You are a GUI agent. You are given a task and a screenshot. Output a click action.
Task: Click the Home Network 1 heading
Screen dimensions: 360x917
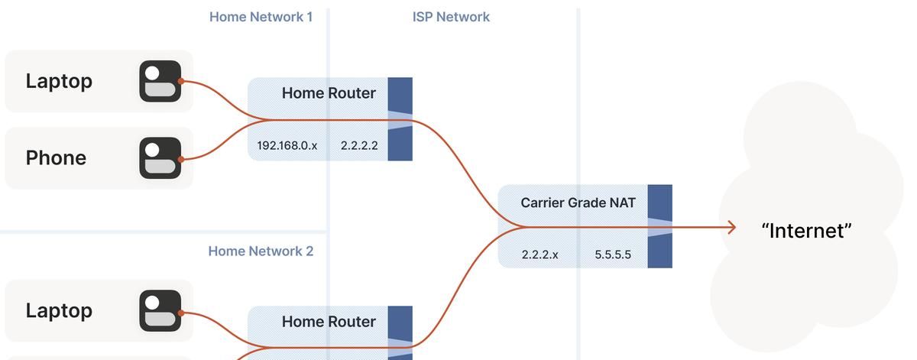pyautogui.click(x=261, y=17)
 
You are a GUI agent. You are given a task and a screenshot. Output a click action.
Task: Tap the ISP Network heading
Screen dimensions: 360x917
pyautogui.click(x=451, y=17)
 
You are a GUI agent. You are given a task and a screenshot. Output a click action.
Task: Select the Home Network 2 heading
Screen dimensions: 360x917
pyautogui.click(x=261, y=251)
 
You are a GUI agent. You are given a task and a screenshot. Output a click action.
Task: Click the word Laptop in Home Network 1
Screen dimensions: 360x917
pyautogui.click(x=59, y=81)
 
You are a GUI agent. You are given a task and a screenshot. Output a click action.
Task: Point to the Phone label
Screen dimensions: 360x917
pyautogui.click(x=56, y=157)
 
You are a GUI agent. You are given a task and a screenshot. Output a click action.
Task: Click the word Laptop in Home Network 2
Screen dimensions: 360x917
pyautogui.click(x=59, y=310)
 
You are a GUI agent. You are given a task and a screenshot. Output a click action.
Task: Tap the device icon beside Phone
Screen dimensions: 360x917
pyautogui.click(x=160, y=158)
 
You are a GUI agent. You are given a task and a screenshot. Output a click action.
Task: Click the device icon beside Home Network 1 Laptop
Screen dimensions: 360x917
pyautogui.click(x=160, y=81)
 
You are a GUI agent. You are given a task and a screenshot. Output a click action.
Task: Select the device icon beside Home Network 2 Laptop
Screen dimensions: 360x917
pyautogui.click(x=160, y=312)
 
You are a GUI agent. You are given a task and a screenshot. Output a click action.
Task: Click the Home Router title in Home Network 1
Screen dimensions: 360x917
pyautogui.click(x=329, y=93)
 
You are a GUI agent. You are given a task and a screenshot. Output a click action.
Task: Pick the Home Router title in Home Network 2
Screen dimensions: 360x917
pyautogui.click(x=329, y=322)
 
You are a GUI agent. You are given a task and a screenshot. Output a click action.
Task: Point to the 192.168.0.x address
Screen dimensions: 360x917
pyautogui.click(x=287, y=145)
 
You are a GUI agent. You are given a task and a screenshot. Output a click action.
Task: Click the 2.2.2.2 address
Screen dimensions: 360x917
pyautogui.click(x=359, y=145)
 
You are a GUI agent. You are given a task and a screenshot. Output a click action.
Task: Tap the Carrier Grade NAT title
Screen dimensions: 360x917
pyautogui.click(x=578, y=203)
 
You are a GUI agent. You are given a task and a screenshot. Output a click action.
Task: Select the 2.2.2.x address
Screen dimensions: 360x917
pyautogui.click(x=540, y=255)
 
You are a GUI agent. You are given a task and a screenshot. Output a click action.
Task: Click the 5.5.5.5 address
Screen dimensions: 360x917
pyautogui.click(x=613, y=255)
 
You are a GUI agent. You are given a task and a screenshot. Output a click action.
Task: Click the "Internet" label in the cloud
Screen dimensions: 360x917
pyautogui.click(x=806, y=231)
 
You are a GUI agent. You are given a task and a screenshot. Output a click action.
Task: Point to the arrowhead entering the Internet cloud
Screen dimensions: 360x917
pyautogui.click(x=731, y=227)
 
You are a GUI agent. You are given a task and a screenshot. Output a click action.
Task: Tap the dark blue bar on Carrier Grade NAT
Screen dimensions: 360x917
pyautogui.click(x=659, y=202)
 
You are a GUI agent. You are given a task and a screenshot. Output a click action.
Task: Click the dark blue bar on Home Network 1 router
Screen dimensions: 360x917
pyautogui.click(x=400, y=94)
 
